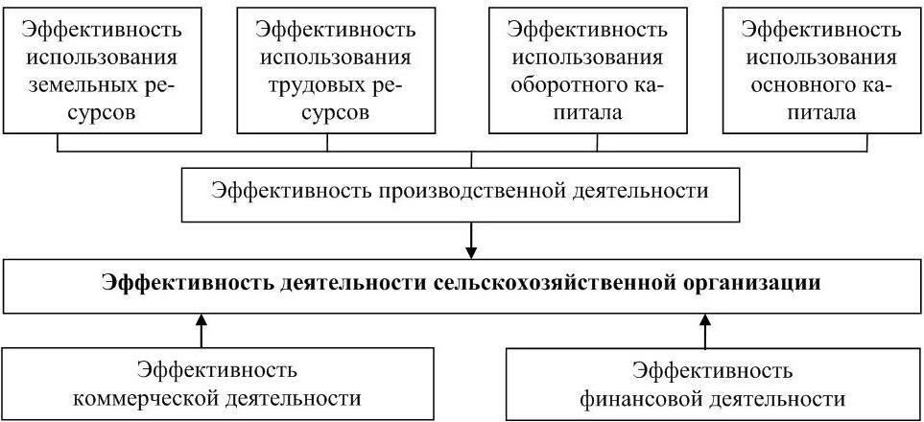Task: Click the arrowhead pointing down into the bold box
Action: click(x=471, y=251)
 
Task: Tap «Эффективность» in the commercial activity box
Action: click(x=217, y=371)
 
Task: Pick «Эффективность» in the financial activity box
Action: click(x=713, y=371)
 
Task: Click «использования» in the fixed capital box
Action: click(x=823, y=58)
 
